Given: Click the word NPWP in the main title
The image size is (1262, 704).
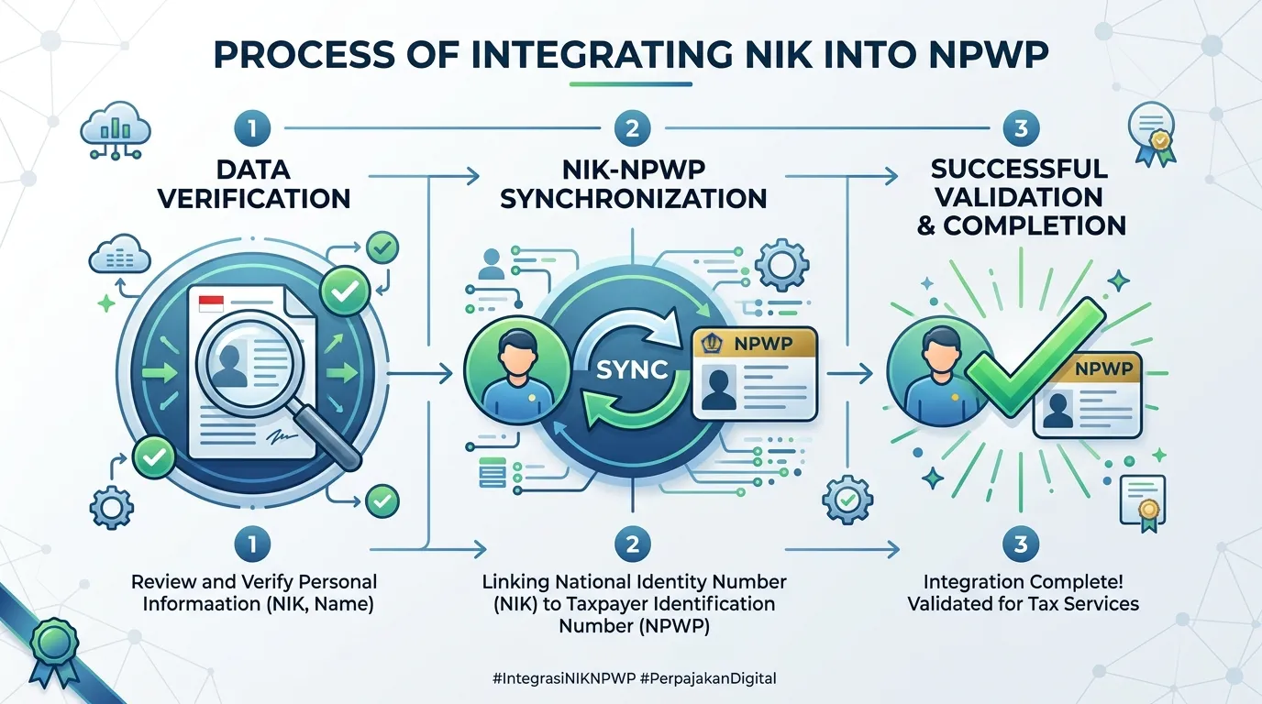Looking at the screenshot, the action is (988, 54).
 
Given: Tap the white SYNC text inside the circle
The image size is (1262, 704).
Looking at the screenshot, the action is (632, 369).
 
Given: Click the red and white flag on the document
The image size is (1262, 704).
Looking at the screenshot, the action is (211, 304).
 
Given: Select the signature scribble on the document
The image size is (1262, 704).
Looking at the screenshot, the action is (282, 435).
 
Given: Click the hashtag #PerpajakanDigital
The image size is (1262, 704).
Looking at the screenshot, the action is (708, 678).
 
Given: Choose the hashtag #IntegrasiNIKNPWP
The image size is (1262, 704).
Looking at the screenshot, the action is (564, 678).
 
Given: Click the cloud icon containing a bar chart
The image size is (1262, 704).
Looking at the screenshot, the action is (116, 130).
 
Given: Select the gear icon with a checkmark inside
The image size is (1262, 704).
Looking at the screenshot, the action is (847, 500).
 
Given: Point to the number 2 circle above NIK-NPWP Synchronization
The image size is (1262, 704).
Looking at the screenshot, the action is (632, 128).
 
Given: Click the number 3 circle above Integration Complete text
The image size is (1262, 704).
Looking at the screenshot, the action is (1021, 544).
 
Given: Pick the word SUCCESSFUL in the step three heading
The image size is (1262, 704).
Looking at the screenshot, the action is (1019, 169).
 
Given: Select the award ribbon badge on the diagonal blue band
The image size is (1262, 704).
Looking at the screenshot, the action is (53, 651).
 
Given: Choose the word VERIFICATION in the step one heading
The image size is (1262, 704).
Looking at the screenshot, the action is (254, 199).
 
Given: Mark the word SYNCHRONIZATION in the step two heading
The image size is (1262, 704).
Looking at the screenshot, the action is (633, 199).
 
